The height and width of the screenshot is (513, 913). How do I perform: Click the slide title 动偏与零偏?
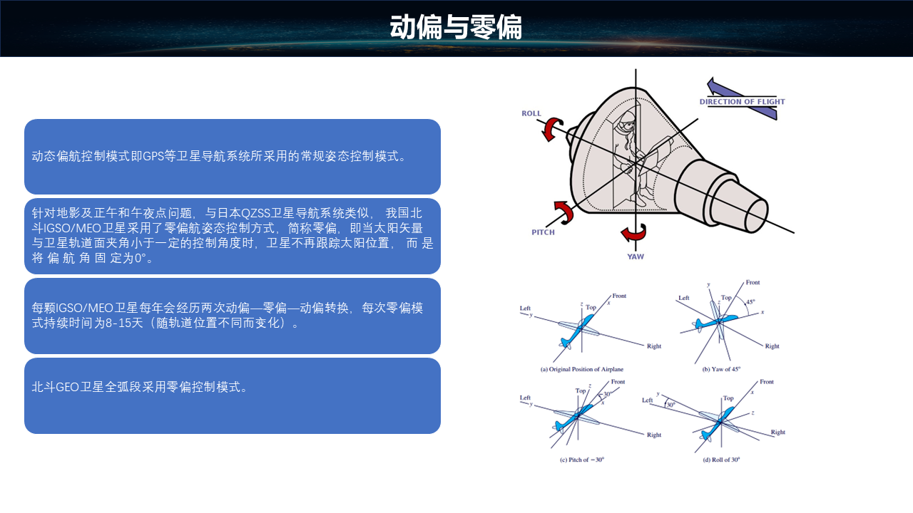[x=456, y=27]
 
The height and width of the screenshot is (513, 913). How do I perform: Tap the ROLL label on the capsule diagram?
[x=531, y=113]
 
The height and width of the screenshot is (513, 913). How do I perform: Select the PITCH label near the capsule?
[x=543, y=232]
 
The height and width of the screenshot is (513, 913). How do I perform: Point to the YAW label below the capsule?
[x=636, y=256]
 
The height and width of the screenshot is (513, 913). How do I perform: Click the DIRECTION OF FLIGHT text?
[x=742, y=102]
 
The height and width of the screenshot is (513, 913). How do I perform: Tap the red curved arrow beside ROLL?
[x=552, y=129]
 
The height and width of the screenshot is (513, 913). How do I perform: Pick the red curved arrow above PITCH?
[x=564, y=212]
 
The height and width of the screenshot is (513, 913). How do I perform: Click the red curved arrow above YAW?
[x=633, y=232]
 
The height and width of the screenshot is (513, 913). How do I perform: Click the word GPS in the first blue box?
[x=153, y=156]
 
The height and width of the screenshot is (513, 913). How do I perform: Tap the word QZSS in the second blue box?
[x=255, y=213]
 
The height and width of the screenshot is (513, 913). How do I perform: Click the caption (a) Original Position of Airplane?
[x=581, y=369]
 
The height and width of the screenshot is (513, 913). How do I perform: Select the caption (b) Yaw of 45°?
[x=721, y=369]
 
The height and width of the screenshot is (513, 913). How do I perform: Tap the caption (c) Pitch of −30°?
[x=581, y=460]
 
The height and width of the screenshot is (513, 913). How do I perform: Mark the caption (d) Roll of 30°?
[x=721, y=460]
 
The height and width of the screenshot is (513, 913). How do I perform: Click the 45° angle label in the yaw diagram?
[x=750, y=302]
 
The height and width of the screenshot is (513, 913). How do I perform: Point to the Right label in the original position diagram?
[x=654, y=346]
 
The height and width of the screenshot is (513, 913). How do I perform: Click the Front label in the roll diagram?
[x=766, y=382]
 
